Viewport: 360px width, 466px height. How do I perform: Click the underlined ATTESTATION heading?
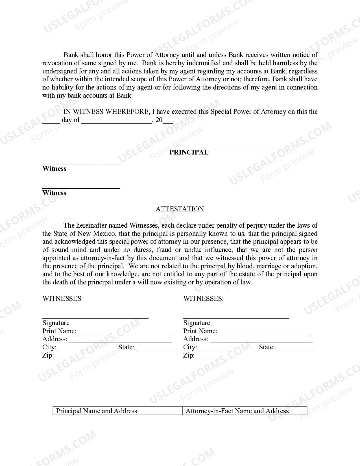coord(180,209)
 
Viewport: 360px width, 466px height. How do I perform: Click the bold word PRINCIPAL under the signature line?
coord(189,152)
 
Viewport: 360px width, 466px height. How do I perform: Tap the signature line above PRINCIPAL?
coord(242,147)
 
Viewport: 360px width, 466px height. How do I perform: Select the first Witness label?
coord(54,169)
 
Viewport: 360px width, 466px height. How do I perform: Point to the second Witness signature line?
coord(81,188)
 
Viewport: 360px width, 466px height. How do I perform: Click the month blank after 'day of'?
coord(117,123)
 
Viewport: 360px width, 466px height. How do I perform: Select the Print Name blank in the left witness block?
coord(124,334)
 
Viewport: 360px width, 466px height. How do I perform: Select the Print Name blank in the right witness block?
coord(265,334)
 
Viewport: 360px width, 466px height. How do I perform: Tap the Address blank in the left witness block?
coord(120,342)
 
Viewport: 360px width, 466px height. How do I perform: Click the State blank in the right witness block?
coord(294,350)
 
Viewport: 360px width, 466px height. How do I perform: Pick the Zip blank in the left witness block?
coord(73,358)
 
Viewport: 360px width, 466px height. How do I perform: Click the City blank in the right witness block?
coord(229,350)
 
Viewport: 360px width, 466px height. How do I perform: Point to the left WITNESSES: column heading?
coord(62,299)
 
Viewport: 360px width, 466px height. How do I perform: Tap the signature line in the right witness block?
coord(236,318)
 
